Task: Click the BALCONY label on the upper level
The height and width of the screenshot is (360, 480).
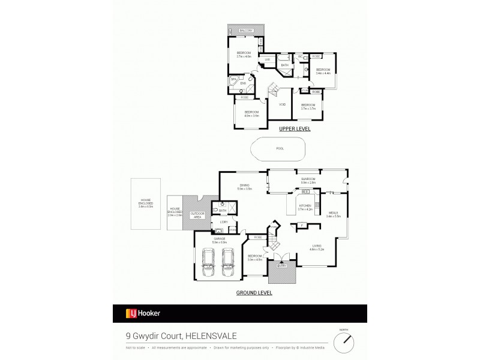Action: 246,31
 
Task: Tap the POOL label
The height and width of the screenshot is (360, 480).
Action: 280,149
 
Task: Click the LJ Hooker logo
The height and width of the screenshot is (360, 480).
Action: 143,313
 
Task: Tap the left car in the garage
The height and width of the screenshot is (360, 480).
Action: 211,263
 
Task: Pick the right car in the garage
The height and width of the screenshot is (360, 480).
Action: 228,263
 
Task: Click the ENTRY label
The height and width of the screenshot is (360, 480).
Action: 281,265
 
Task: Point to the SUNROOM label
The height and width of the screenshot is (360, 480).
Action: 308,179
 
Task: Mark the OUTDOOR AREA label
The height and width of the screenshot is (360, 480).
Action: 197,215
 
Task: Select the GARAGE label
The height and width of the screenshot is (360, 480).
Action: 219,239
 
